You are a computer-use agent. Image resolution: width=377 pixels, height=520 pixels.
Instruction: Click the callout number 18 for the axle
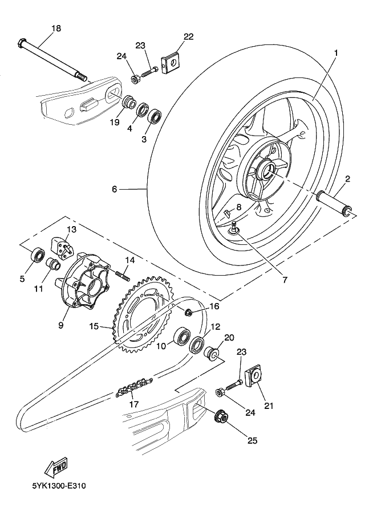tap(55, 28)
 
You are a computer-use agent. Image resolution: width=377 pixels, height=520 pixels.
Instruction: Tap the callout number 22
tap(188, 36)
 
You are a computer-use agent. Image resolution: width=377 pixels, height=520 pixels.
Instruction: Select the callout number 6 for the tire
tap(115, 189)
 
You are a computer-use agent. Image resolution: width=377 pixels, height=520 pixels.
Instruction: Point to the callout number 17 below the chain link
tap(135, 405)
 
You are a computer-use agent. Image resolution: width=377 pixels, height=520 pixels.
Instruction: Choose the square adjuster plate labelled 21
tap(254, 376)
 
